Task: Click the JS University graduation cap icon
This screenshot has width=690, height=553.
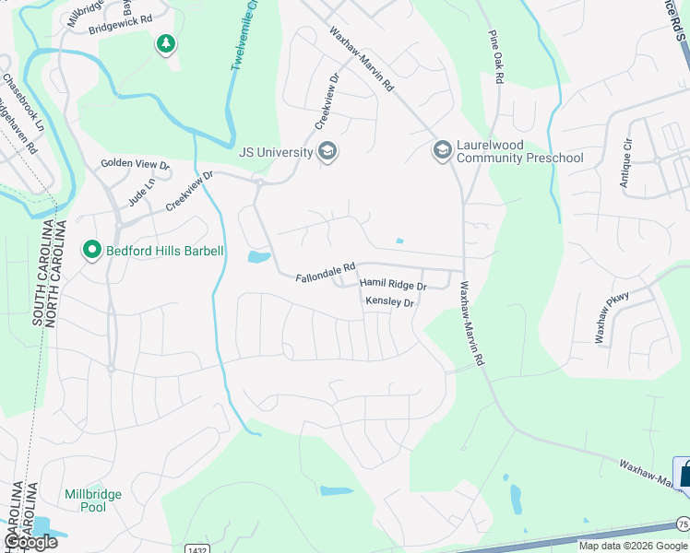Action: [x=327, y=151]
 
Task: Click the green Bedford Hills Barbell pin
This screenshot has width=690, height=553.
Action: [x=91, y=250]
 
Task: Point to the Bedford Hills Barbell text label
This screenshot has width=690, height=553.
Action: [x=164, y=250]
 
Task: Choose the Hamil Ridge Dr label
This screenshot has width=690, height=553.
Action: [x=393, y=286]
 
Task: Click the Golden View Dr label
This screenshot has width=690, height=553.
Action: [x=136, y=165]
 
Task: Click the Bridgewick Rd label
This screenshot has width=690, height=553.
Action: [x=120, y=24]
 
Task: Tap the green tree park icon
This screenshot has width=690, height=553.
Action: [x=166, y=43]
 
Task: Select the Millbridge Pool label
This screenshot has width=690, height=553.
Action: [x=92, y=500]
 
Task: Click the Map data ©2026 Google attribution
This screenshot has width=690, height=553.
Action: [x=633, y=546]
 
